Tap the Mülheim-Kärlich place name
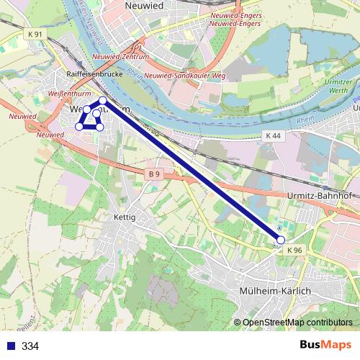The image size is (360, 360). tap(274, 290)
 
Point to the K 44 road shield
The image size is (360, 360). tap(273, 135)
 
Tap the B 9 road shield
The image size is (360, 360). tap(152, 174)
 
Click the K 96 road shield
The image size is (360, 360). tap(294, 250)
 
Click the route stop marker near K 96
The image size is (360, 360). tap(281, 240)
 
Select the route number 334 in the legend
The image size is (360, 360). tap(30, 346)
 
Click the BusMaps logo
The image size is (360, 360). tap(325, 346)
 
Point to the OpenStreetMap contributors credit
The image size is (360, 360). tap(297, 323)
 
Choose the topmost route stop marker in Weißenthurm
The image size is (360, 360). tap(103, 101)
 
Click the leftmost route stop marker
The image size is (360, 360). tap(79, 127)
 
